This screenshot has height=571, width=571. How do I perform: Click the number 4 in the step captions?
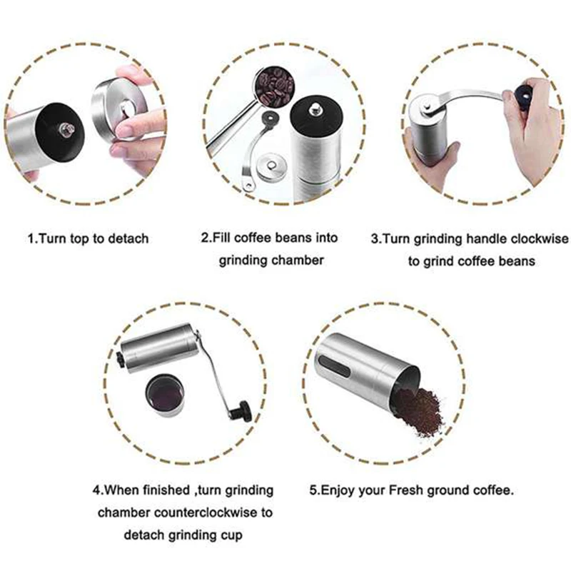coord(96,490)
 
